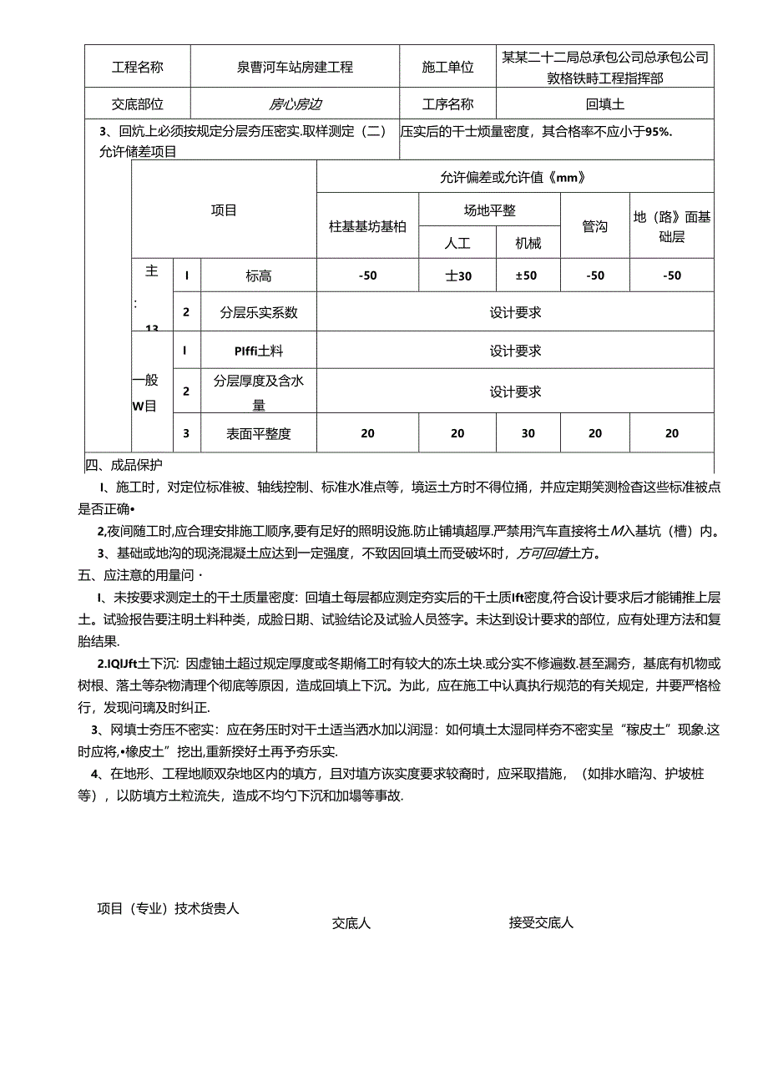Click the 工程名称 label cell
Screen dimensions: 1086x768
coord(137,67)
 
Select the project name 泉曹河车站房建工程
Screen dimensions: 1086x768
coord(295,67)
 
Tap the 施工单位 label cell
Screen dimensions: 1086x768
coord(447,67)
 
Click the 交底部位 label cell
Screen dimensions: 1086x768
coord(137,104)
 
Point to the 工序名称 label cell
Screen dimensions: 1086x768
coord(447,104)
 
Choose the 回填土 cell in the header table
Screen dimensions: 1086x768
coord(604,104)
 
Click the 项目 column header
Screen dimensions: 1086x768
coord(224,210)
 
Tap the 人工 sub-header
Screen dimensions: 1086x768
coord(457,243)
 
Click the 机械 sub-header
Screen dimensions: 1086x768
coord(528,243)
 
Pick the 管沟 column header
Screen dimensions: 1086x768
coord(594,226)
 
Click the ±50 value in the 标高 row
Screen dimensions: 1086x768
coord(528,275)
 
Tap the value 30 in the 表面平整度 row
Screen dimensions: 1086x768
coord(528,433)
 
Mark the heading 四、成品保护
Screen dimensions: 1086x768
coord(124,465)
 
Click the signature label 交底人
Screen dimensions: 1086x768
coord(351,923)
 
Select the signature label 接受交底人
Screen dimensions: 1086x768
coord(541,922)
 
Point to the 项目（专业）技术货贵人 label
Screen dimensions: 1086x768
coord(168,908)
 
